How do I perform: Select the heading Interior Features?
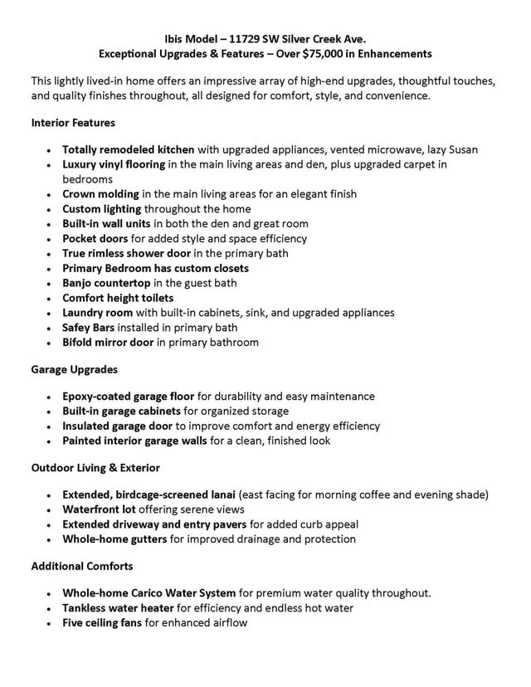[x=73, y=123]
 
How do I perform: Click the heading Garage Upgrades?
[x=74, y=369]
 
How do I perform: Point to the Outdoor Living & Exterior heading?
[x=95, y=468]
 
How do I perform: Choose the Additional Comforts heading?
[x=81, y=566]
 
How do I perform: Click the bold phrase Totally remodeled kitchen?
[x=129, y=149]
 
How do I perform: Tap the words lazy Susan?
[x=452, y=149]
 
